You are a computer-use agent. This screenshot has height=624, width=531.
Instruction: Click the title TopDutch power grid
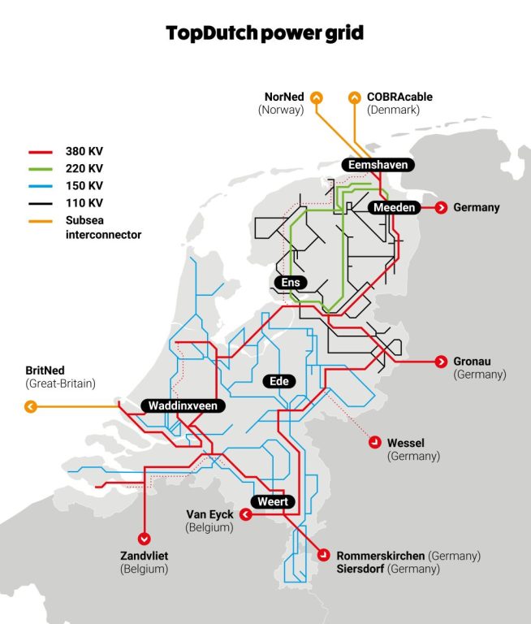pos(265,33)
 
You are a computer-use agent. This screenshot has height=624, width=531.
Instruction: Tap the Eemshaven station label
pos(377,165)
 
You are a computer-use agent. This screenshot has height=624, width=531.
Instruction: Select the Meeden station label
pos(395,208)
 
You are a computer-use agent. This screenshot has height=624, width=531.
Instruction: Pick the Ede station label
pos(279,381)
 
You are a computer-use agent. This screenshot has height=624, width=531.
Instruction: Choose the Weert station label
pos(273,502)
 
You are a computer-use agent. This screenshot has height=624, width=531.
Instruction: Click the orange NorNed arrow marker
pos(317,97)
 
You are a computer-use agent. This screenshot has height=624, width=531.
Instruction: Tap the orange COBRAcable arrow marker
pos(355,97)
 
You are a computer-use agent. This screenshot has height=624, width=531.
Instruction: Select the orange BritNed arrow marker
pos(31,406)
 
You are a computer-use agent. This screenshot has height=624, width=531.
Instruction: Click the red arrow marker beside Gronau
pos(442,362)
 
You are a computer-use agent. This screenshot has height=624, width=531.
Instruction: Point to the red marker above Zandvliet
pos(145,537)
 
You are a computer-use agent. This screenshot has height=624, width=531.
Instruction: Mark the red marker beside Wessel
pos(375,443)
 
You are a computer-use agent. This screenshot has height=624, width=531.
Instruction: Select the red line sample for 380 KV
pos(41,151)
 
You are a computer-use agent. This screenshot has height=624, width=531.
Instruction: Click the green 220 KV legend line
pos(41,168)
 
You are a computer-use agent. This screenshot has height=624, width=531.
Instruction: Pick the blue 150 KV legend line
pos(41,185)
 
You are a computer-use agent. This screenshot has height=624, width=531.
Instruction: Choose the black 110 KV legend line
pos(41,202)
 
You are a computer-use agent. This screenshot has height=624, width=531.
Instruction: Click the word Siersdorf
pos(360,569)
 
